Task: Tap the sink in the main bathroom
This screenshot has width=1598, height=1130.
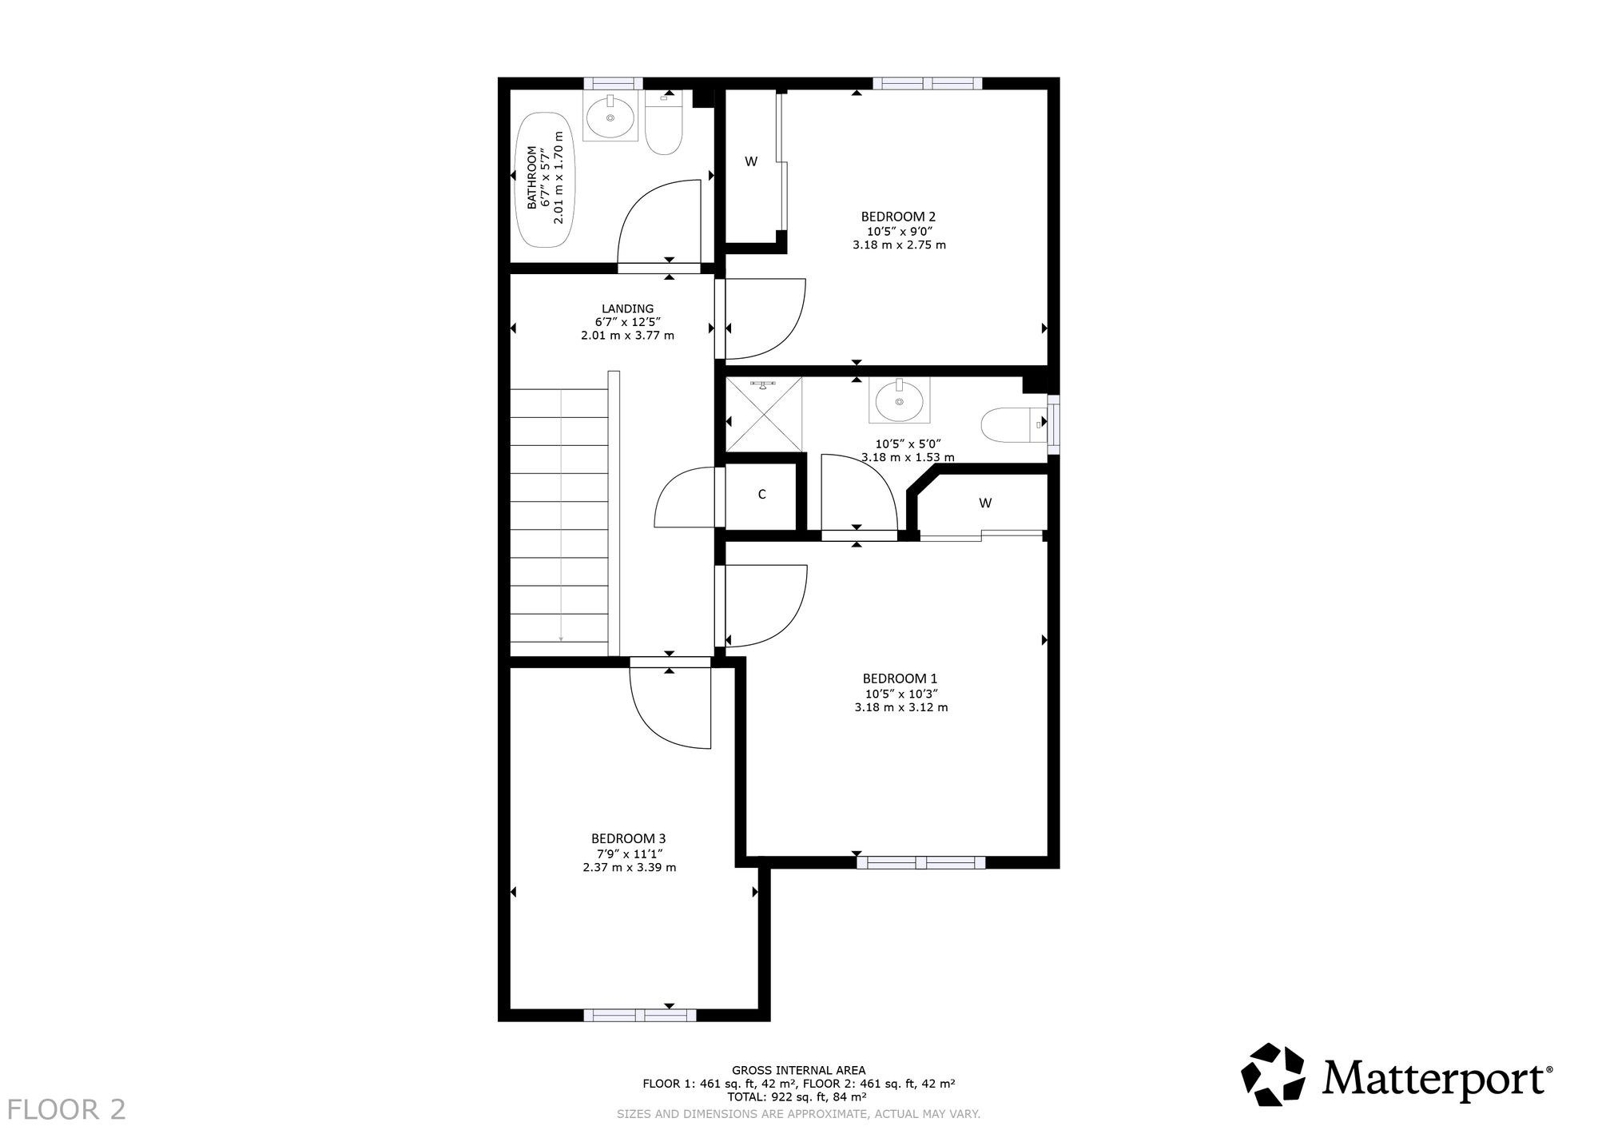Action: (611, 117)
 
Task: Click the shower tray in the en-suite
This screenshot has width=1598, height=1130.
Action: (763, 414)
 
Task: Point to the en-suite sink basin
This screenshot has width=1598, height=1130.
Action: (900, 401)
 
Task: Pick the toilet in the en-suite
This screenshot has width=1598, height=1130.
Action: (1015, 425)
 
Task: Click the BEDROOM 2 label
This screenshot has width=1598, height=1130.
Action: (898, 217)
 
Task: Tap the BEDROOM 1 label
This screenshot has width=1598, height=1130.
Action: (900, 678)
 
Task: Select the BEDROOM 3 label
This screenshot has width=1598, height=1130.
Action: (628, 838)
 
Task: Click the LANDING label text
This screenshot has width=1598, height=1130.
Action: (627, 308)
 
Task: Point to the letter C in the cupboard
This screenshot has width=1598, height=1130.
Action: (761, 495)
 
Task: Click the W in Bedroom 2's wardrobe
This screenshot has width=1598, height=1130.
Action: (751, 161)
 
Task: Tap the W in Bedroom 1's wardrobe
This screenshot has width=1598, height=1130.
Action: (985, 503)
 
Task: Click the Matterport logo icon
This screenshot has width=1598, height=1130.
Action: (1276, 1075)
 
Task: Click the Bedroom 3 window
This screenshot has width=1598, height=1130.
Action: (639, 1015)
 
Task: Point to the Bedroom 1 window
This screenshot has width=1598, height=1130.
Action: (920, 862)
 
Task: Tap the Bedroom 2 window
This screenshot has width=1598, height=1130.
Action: (927, 83)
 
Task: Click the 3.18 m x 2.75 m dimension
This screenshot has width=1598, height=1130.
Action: (899, 245)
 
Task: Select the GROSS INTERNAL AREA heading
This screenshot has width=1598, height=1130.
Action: (798, 1070)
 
